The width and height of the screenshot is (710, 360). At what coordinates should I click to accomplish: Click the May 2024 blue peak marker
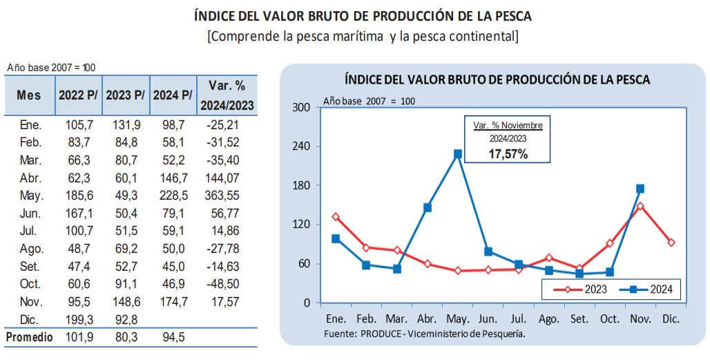click(x=458, y=154)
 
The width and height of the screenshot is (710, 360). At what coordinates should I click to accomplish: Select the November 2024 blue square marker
click(x=640, y=189)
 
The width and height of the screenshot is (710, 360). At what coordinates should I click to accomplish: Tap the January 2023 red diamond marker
click(x=336, y=216)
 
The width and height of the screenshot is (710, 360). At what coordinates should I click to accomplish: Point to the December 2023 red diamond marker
click(x=671, y=243)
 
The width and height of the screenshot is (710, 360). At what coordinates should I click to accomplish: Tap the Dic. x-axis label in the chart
click(x=671, y=319)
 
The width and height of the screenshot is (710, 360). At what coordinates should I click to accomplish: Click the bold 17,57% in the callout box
click(x=508, y=153)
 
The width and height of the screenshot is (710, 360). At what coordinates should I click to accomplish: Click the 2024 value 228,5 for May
click(x=173, y=196)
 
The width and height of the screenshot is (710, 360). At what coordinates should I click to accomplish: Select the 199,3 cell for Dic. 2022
click(x=79, y=320)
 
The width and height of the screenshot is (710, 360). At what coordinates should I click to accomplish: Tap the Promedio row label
click(x=29, y=337)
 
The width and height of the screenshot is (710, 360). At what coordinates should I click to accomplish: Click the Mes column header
click(x=28, y=95)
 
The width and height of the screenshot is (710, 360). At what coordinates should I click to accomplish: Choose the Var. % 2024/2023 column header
click(x=227, y=95)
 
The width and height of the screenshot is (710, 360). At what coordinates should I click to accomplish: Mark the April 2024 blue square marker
click(x=427, y=207)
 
